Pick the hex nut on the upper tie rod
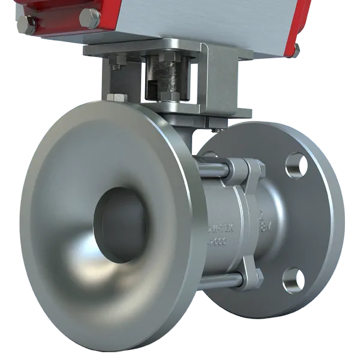253,171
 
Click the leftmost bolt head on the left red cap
25,26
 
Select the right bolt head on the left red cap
91,19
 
